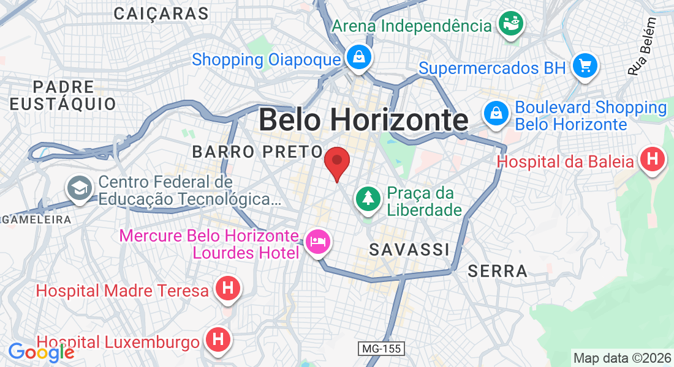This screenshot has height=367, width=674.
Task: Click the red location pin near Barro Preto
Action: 336,161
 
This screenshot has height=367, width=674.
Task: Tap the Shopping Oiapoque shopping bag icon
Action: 358,58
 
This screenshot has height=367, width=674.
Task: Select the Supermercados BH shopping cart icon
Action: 585,65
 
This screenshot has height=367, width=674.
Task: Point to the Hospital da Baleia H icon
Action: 652,160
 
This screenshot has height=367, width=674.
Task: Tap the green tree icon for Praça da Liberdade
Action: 367,198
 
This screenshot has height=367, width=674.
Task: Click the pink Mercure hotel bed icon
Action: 318,242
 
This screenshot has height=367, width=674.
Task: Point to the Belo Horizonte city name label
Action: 363,120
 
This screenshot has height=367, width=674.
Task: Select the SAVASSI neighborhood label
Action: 409,250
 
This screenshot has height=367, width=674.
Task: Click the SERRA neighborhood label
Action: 498,271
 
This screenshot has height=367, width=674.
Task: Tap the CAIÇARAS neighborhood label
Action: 161,13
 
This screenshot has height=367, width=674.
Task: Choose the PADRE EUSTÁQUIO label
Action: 63,95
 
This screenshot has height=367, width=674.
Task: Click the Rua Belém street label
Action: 642,46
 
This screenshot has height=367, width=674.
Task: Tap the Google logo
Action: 40,352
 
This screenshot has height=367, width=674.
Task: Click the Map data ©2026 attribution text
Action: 621,358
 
